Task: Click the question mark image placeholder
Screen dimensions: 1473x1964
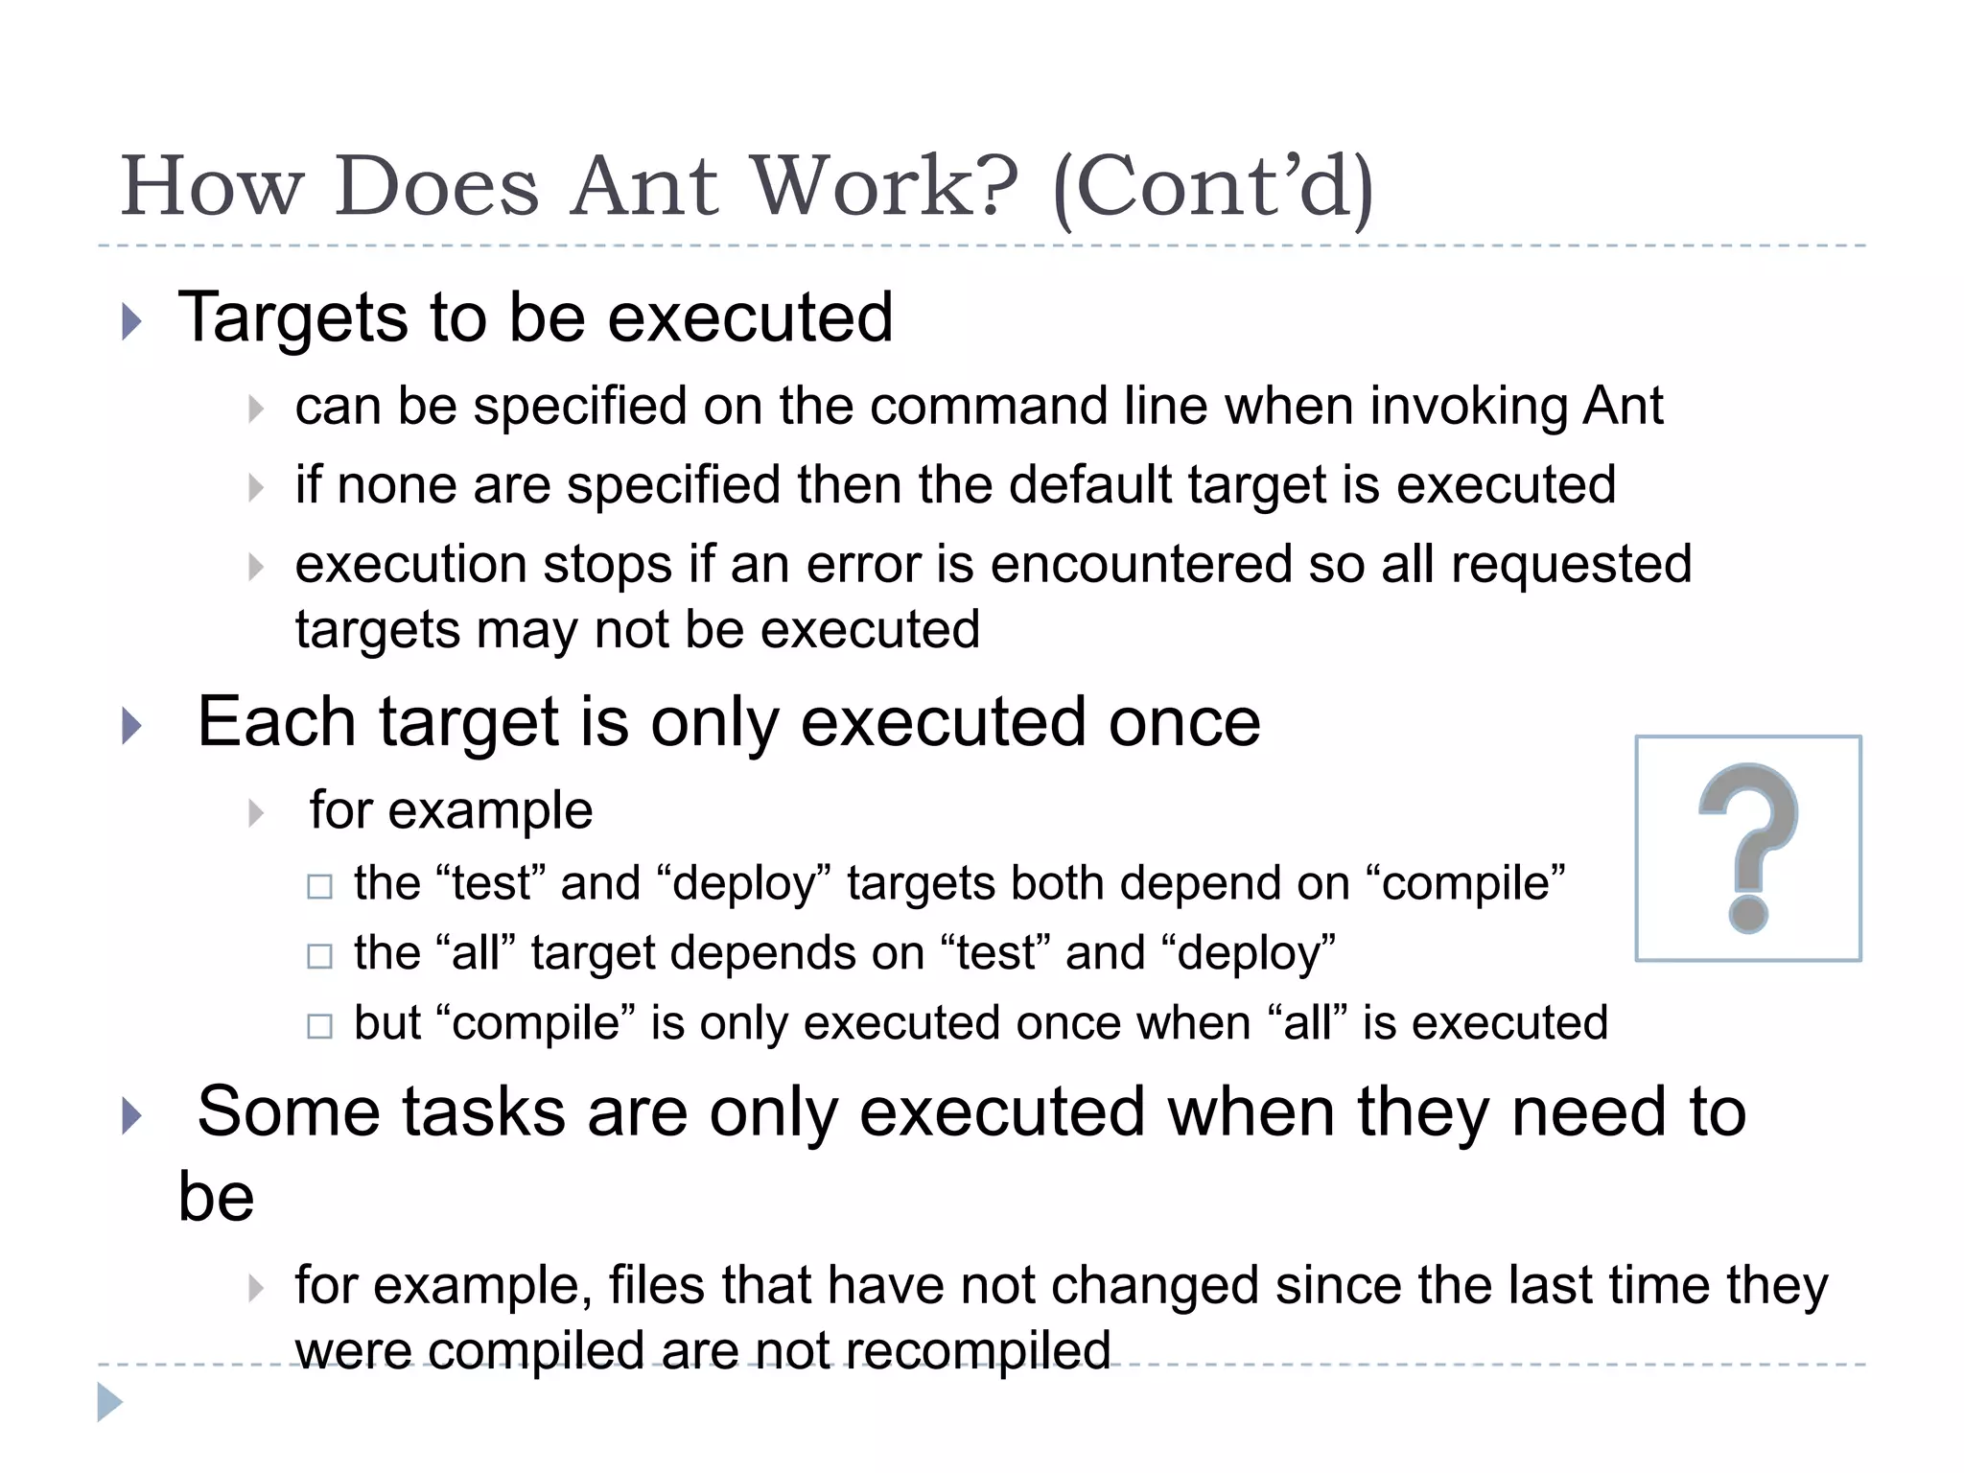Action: point(1747,848)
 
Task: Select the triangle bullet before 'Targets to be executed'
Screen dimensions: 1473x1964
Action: point(132,321)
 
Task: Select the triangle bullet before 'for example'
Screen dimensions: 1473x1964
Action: point(256,813)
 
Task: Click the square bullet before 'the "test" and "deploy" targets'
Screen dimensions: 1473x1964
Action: point(319,886)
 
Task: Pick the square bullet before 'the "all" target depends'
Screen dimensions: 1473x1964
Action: point(319,956)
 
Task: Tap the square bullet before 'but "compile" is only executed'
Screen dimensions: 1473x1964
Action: point(319,1026)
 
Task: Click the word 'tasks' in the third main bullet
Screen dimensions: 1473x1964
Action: point(483,1112)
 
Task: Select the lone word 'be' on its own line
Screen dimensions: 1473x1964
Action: point(217,1197)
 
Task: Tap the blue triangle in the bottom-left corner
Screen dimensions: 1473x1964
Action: point(109,1402)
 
